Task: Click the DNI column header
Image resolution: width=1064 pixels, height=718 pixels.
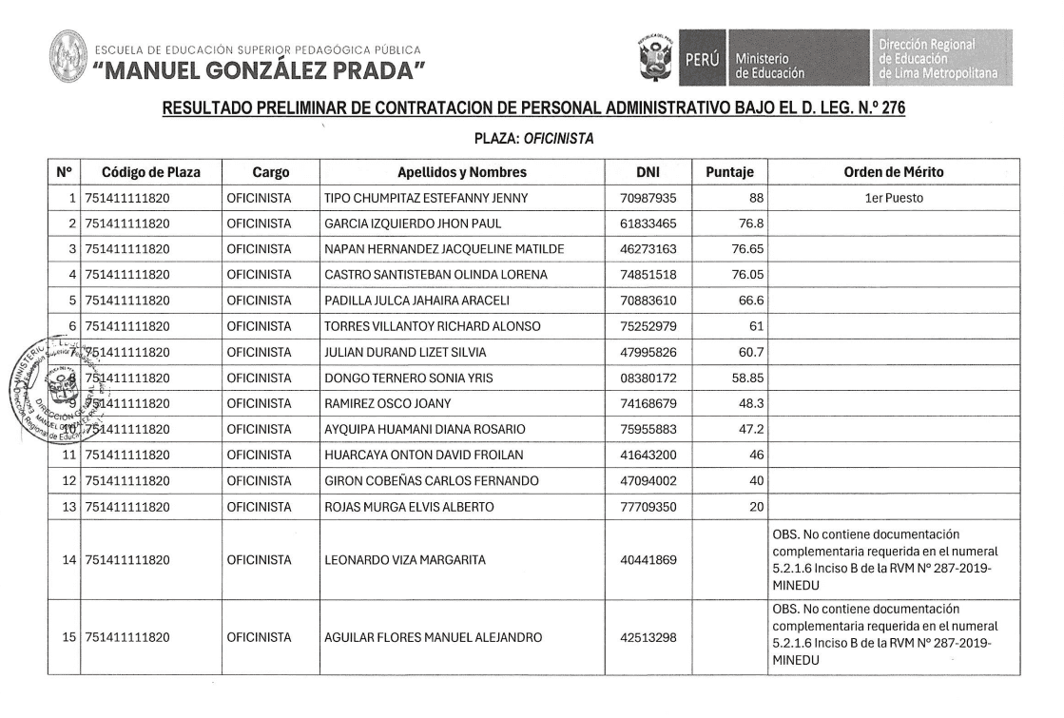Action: (x=653, y=172)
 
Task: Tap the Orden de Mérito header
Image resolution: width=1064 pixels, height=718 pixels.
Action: (x=892, y=172)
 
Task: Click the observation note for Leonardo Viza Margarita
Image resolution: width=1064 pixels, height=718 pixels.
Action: (x=884, y=559)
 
